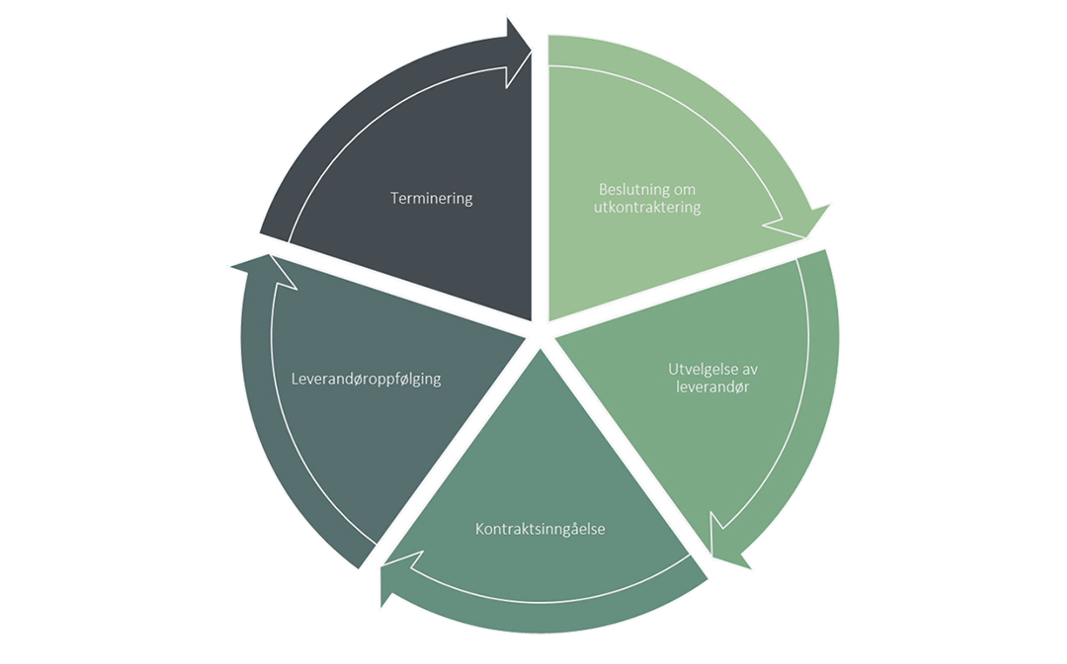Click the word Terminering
(x=432, y=198)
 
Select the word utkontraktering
(x=647, y=207)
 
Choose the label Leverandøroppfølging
(x=366, y=379)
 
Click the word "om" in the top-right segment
(x=685, y=190)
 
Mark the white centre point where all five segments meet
(x=540, y=332)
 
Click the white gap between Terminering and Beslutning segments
(x=540, y=176)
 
